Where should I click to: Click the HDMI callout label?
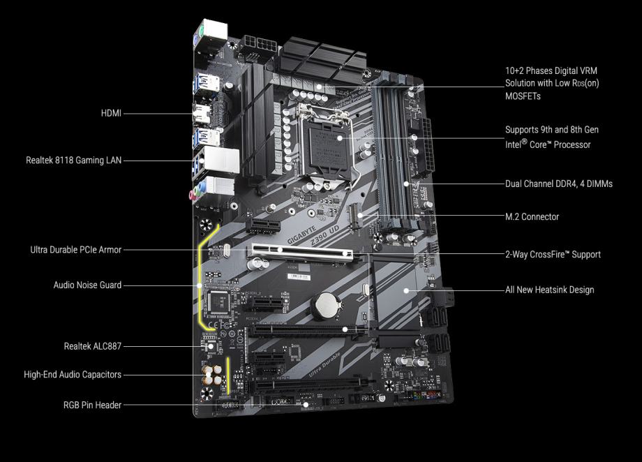pyautogui.click(x=111, y=113)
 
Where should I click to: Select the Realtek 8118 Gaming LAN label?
pyautogui.click(x=74, y=160)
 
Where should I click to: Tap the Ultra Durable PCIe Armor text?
pyautogui.click(x=76, y=249)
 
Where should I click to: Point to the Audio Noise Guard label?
pyautogui.click(x=87, y=285)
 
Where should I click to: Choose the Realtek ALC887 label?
pyautogui.click(x=93, y=346)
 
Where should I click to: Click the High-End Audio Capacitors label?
pyautogui.click(x=73, y=374)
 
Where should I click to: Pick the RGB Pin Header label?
pyautogui.click(x=93, y=405)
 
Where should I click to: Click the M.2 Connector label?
pyautogui.click(x=532, y=216)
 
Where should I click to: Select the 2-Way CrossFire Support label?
pyautogui.click(x=553, y=254)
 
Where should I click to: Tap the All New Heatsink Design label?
pyautogui.click(x=549, y=290)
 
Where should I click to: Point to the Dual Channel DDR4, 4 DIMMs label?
pyautogui.click(x=559, y=184)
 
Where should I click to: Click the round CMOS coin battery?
pyautogui.click(x=327, y=306)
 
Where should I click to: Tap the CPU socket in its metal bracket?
pyautogui.click(x=327, y=142)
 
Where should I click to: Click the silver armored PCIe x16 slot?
pyautogui.click(x=301, y=253)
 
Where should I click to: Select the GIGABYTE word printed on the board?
pyautogui.click(x=301, y=234)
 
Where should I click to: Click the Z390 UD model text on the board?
pyautogui.click(x=324, y=235)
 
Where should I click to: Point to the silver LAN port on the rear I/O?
pyautogui.click(x=221, y=160)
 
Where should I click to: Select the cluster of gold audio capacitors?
pyautogui.click(x=212, y=375)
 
